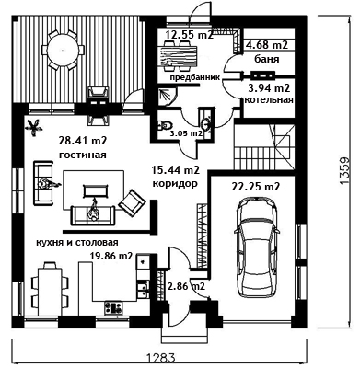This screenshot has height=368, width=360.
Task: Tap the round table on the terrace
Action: point(63,49)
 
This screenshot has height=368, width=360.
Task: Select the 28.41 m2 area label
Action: point(83,141)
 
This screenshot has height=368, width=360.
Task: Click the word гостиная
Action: point(83,155)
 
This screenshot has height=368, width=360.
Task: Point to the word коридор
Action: point(175,184)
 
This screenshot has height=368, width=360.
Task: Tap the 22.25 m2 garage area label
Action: point(255,186)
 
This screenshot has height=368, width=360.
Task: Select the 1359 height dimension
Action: point(344,170)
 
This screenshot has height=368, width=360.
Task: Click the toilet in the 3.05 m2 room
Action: point(165,125)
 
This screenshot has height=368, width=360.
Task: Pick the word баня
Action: point(267,59)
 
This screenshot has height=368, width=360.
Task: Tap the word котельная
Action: point(269,100)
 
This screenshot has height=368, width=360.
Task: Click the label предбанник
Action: point(195,77)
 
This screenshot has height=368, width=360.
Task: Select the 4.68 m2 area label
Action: point(267,45)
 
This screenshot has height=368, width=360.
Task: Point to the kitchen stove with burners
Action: point(113,307)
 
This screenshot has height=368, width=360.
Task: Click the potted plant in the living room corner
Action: point(33,127)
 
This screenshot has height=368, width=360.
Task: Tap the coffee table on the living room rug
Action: point(96,190)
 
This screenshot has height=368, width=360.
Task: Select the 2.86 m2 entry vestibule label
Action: point(186,286)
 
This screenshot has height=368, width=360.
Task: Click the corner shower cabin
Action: point(167,96)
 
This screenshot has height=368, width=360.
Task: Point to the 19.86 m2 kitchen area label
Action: point(111,256)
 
